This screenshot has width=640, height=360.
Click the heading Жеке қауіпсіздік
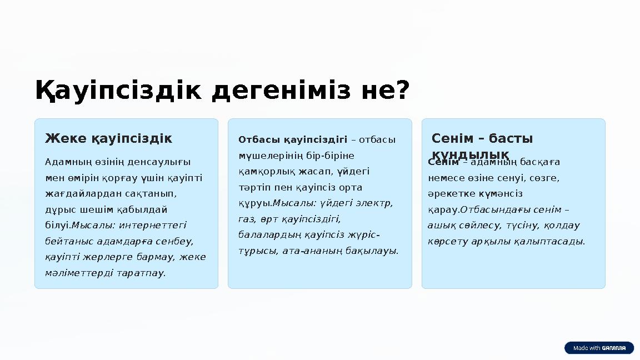coord(108,138)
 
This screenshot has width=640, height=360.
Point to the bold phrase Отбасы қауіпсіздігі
coord(293,139)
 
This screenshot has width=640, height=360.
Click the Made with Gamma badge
coord(599,348)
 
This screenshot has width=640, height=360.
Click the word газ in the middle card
coord(246,219)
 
